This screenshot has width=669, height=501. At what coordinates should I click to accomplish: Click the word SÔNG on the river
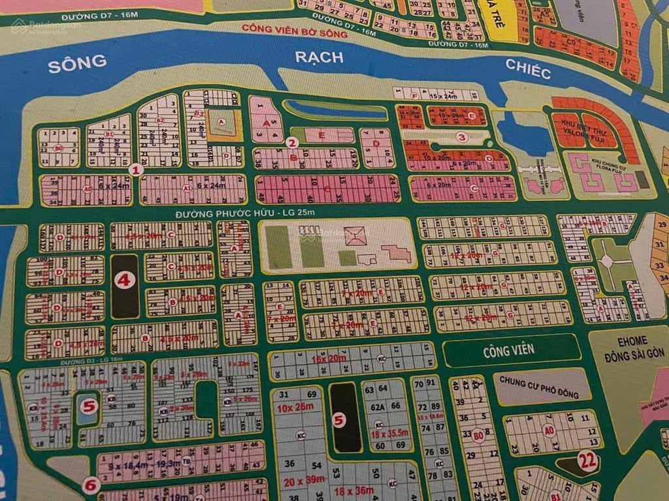(77, 62)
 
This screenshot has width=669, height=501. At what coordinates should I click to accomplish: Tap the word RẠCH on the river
(319, 57)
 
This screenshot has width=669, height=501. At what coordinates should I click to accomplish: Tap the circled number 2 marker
(293, 142)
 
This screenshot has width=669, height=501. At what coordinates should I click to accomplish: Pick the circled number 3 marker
(462, 137)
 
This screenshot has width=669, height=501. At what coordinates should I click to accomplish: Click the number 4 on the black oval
(125, 281)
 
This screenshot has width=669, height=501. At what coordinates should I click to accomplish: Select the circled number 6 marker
(91, 485)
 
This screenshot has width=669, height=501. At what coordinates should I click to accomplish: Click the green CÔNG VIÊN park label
(509, 350)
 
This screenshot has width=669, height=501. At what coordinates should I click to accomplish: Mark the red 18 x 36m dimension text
(353, 491)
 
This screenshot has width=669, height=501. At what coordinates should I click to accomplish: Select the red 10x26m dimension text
(295, 408)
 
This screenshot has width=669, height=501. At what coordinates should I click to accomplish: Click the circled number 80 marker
(479, 435)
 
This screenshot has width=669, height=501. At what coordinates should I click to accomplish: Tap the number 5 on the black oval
(338, 420)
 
